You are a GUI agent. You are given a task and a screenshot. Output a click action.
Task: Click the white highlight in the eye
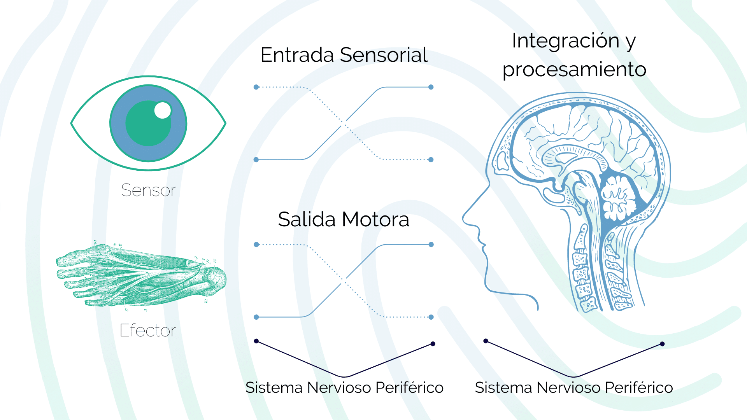point(163,110)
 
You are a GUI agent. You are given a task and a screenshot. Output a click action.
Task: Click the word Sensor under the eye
point(148,190)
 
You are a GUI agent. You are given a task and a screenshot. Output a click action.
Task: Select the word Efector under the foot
point(147,331)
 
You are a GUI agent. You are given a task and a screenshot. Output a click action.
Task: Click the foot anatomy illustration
point(140,276)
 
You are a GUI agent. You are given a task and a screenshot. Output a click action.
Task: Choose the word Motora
point(376,219)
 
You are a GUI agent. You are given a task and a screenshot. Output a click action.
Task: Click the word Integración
point(565,40)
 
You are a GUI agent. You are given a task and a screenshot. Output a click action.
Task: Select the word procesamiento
point(574,70)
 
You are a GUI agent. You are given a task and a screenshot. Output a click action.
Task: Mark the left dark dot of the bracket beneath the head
point(486,341)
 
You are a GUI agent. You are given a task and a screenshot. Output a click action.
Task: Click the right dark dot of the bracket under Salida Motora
point(433,344)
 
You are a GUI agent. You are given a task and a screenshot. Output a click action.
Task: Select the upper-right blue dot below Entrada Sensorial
point(431,87)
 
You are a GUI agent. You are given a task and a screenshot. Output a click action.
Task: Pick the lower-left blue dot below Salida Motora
point(256,317)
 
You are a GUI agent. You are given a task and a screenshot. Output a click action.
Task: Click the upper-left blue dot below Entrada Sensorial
point(256,87)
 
